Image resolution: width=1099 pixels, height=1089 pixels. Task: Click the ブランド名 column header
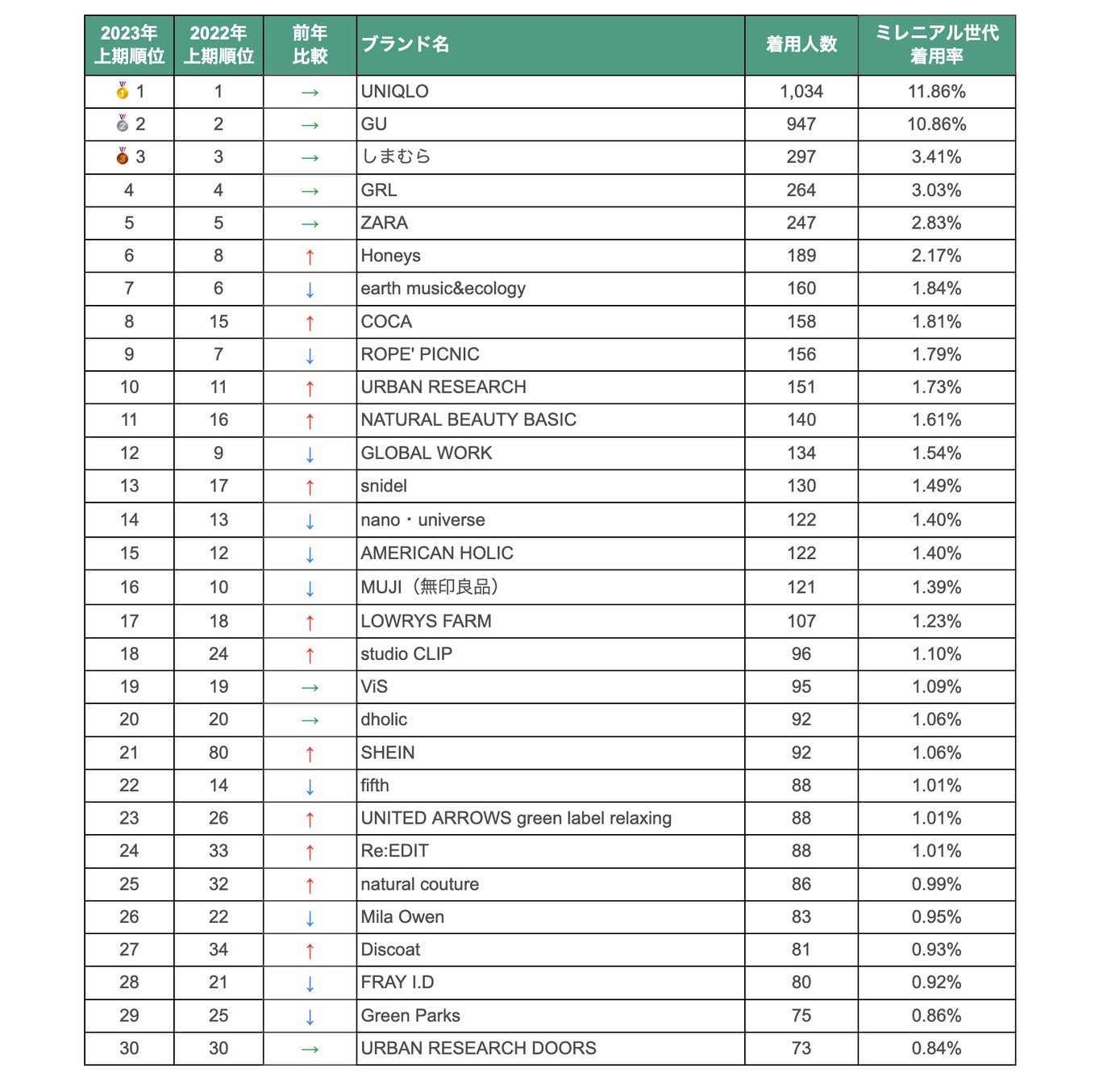[405, 44]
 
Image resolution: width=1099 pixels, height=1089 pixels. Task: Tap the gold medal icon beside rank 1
[123, 90]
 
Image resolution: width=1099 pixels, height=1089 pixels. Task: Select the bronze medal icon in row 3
[123, 156]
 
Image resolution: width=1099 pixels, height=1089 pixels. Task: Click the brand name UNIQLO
[394, 91]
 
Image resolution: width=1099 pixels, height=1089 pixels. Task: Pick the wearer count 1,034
[801, 91]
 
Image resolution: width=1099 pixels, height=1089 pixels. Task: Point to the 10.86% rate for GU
[936, 124]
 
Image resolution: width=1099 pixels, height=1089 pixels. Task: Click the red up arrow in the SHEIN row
[310, 753]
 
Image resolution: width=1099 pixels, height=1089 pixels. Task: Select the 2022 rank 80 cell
[219, 753]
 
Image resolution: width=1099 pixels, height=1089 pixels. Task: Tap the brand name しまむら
[396, 156]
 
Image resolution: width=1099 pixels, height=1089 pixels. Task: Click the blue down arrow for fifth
[310, 786]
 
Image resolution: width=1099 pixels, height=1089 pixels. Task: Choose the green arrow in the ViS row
[310, 687]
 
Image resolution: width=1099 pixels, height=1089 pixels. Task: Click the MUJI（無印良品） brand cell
[430, 587]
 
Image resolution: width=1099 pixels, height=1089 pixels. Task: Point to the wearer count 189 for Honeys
[801, 256]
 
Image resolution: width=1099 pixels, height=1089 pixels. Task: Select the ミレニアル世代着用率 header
[936, 44]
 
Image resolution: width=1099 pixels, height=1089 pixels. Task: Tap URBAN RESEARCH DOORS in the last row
[478, 1048]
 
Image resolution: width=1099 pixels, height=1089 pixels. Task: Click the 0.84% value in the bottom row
[936, 1048]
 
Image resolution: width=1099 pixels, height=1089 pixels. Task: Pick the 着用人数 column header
[801, 44]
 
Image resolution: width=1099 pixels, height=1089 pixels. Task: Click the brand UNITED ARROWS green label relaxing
[516, 818]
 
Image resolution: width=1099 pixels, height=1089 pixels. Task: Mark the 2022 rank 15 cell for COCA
[219, 321]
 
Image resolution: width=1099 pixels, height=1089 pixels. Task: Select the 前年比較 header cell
[310, 44]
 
